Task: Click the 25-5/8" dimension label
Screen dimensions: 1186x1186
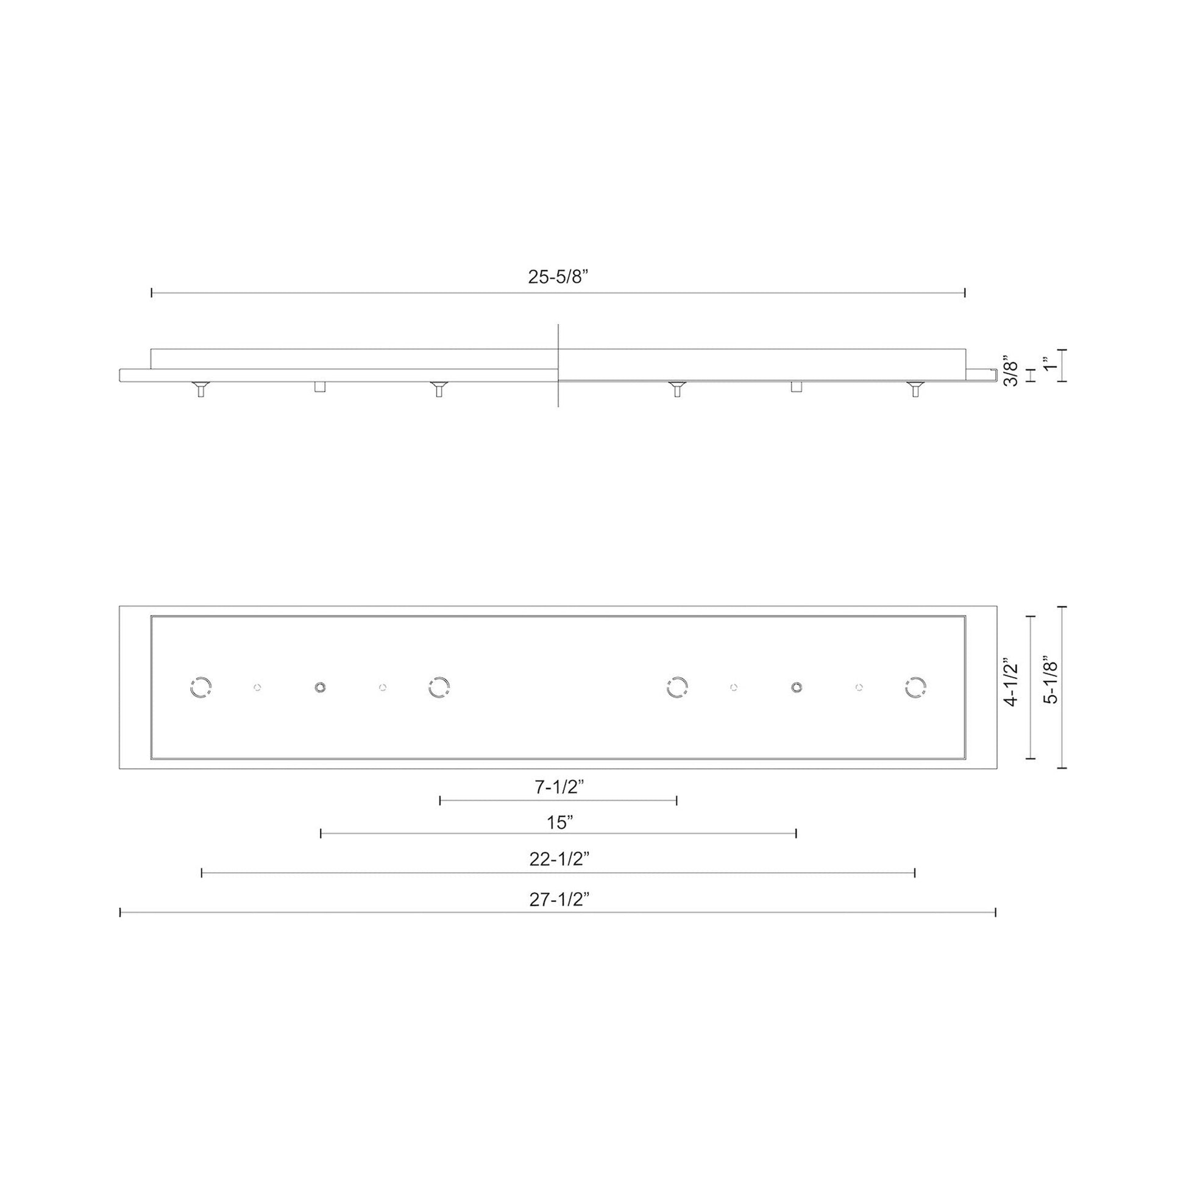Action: click(558, 277)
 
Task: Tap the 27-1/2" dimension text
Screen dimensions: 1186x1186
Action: click(559, 900)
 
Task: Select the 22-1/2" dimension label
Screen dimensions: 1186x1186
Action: click(559, 859)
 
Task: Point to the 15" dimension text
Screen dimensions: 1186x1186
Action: click(560, 823)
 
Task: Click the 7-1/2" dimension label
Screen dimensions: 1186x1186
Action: click(559, 787)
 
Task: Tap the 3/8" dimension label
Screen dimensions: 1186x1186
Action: click(1010, 370)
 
